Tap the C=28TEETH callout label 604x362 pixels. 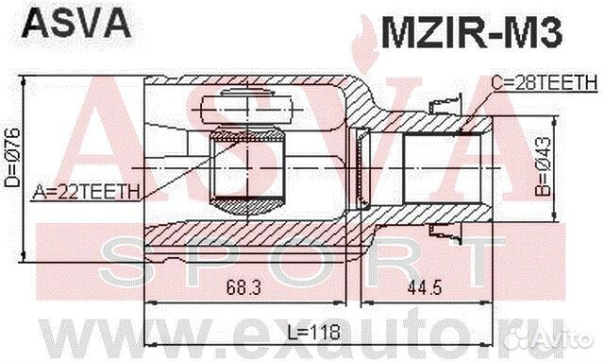544,84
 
